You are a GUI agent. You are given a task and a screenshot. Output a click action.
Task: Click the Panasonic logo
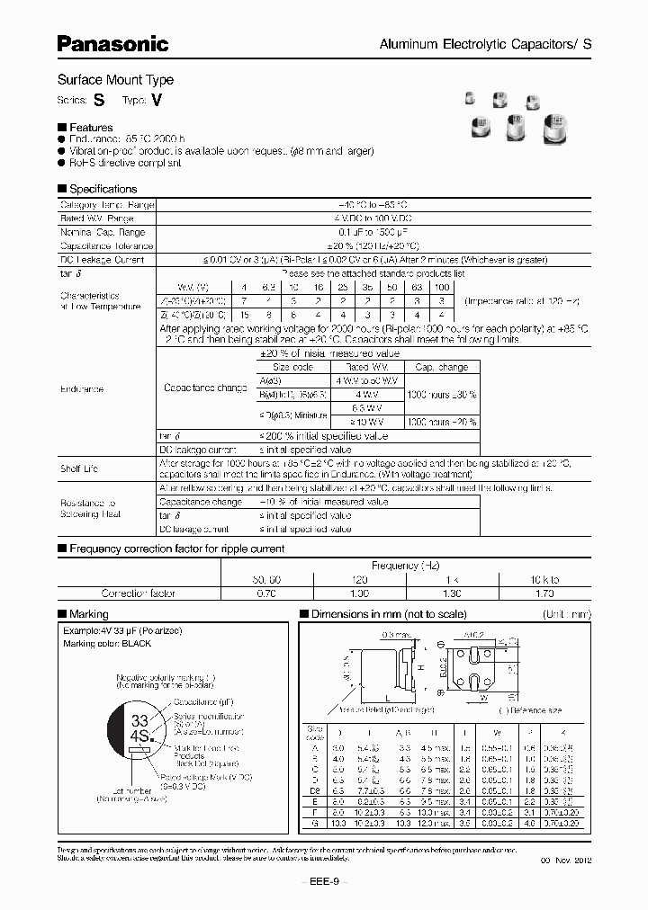tap(113, 42)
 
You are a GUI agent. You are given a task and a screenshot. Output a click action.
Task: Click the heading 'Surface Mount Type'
tap(115, 80)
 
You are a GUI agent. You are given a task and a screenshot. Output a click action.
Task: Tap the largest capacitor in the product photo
tap(557, 129)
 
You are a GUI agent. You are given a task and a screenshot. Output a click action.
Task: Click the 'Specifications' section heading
tap(102, 189)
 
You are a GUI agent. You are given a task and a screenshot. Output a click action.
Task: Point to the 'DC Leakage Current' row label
tap(102, 258)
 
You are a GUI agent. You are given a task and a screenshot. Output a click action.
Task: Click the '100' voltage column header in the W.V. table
tap(440, 285)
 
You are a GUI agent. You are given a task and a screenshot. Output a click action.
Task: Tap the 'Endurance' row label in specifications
tap(82, 389)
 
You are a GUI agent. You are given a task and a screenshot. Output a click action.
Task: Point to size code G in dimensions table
tap(315, 821)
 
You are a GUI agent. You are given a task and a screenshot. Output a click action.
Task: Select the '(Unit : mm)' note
tap(567, 612)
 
